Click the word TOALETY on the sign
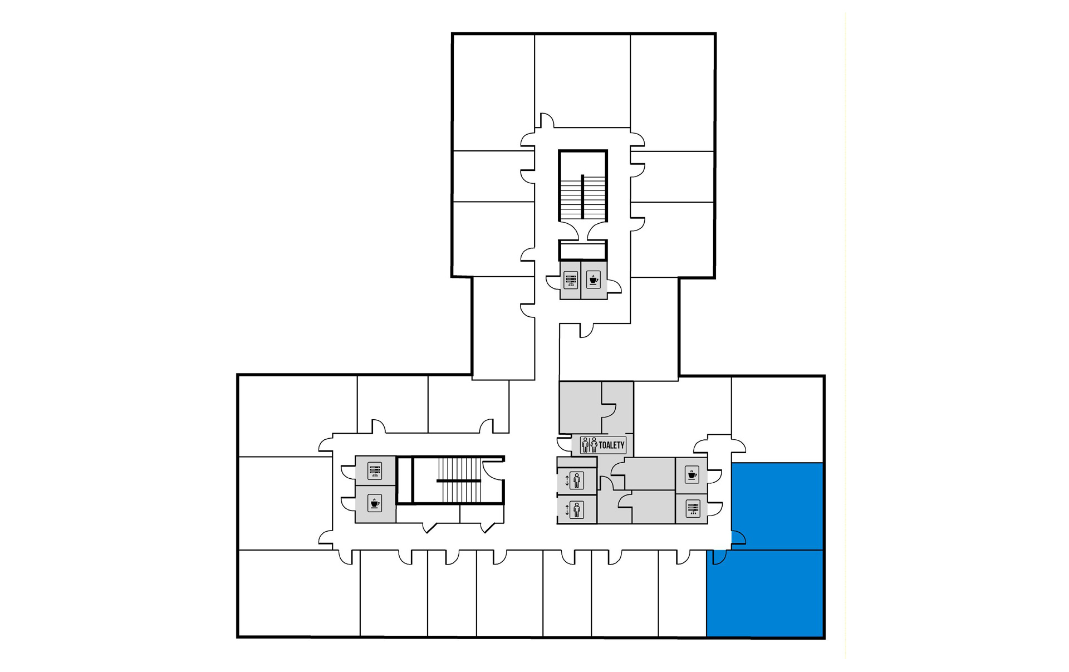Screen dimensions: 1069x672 coord(611,445)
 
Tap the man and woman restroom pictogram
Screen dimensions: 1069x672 coord(589,445)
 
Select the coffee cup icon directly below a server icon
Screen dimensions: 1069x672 coord(375,504)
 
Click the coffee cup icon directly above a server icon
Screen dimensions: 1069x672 coord(692,474)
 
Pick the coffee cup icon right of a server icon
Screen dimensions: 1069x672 coord(594,279)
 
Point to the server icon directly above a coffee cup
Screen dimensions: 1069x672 coord(375,471)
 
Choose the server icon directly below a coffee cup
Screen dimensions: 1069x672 coord(693,509)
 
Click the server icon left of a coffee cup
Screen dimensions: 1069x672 coord(571,279)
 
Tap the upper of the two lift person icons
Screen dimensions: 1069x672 coord(577,480)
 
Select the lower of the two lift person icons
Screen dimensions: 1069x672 coord(577,509)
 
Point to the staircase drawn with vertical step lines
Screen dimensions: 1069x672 coord(459,480)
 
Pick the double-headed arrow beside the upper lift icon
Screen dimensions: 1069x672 coord(567,480)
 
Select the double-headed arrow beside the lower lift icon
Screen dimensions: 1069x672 coord(567,509)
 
